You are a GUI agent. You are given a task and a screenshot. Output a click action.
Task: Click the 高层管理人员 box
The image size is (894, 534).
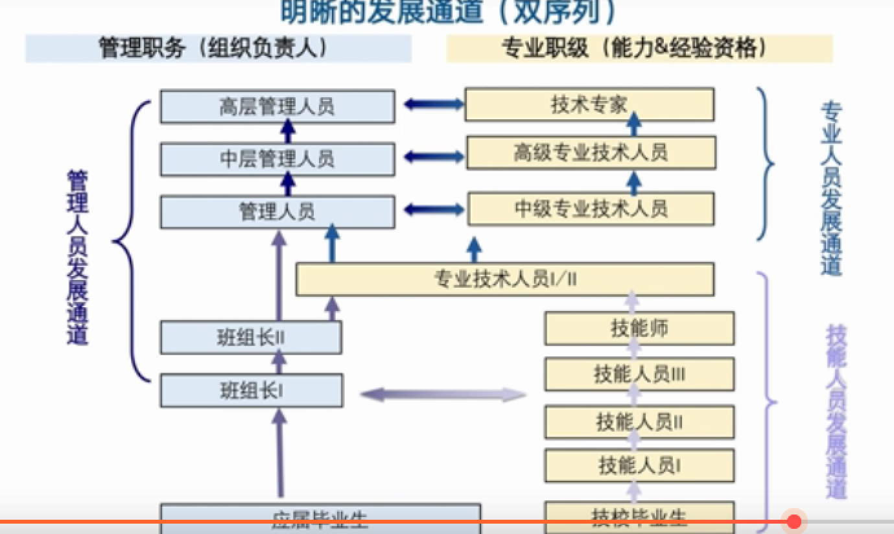point(277,106)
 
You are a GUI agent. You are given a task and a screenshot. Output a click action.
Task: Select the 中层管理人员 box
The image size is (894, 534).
point(277,159)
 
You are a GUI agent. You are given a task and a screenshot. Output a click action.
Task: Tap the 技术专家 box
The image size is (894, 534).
point(589,105)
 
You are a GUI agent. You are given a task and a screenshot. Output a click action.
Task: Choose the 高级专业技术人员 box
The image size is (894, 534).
point(591,153)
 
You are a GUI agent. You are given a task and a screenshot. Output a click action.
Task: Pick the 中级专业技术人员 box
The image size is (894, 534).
point(591,209)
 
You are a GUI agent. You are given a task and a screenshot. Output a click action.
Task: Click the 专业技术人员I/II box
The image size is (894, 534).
point(504,279)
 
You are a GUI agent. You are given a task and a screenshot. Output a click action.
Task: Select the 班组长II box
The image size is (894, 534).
point(251,338)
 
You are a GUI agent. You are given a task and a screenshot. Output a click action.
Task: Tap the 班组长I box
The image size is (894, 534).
point(251,391)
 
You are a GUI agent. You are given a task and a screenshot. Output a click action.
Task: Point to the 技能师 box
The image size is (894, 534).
point(639,329)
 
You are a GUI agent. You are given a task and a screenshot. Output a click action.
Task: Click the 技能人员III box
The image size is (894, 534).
point(639,374)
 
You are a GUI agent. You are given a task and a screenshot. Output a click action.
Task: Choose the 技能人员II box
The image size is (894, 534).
point(639,422)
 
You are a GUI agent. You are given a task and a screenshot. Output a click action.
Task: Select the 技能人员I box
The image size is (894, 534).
point(639,465)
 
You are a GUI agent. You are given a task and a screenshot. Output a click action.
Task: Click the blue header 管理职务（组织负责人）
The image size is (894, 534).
point(218,48)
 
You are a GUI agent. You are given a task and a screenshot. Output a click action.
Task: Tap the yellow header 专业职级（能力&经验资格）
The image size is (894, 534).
point(639,48)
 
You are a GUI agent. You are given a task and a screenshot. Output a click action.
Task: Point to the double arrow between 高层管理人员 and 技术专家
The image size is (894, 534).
point(432,103)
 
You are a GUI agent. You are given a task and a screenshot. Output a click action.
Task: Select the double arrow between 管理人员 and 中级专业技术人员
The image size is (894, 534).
point(432,209)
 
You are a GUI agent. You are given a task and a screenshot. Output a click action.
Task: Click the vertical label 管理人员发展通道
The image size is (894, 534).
point(78,258)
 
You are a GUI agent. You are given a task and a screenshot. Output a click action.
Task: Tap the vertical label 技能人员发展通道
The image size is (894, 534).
point(836,412)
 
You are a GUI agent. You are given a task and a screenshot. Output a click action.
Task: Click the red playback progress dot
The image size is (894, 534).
point(794,522)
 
